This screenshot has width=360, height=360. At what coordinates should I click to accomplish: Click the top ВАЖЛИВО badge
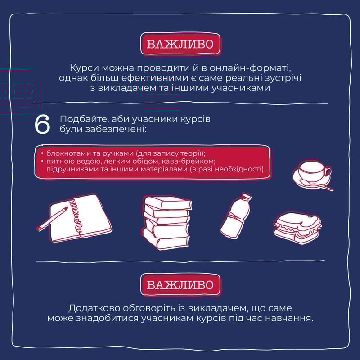coord(180,44)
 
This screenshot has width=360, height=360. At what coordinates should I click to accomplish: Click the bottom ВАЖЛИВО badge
coord(180,284)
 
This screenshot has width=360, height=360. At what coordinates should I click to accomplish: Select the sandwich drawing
coord(297,228)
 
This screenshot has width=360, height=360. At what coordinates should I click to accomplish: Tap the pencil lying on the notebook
coord(52,219)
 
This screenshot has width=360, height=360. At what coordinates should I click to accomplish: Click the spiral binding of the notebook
coord(76,216)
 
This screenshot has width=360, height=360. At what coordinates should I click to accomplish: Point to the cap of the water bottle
coord(247,197)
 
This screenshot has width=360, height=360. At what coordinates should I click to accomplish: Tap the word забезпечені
coord(116,129)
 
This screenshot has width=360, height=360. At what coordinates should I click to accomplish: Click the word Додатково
coord(94,308)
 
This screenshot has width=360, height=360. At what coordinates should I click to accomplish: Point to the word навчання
coord(292,319)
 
